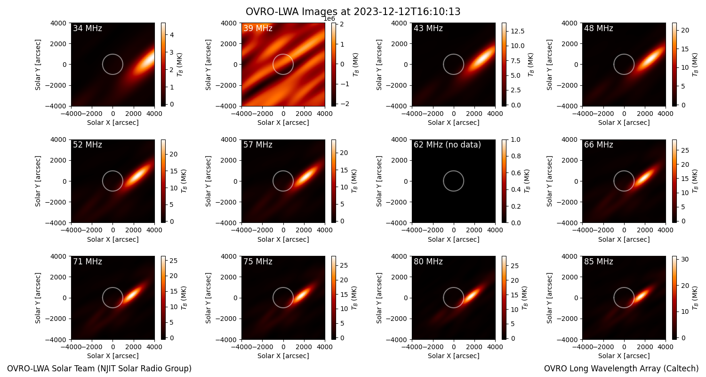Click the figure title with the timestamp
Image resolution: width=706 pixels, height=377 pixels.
[x=353, y=12]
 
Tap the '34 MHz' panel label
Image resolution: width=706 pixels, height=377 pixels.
[x=88, y=28]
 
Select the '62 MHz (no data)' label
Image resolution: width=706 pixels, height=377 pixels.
[x=447, y=145]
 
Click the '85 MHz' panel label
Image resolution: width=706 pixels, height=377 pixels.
[x=599, y=262]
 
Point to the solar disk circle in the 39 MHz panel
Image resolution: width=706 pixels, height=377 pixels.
[x=283, y=54]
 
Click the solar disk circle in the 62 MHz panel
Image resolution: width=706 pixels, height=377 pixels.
[x=454, y=171]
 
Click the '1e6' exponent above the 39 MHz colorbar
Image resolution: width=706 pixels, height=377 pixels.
[x=329, y=19]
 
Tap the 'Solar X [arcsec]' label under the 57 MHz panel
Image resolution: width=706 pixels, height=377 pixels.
[x=283, y=239]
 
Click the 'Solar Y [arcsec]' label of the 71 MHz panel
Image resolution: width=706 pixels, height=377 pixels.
[x=38, y=298]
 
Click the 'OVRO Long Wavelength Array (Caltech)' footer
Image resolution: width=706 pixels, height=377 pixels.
[x=621, y=369]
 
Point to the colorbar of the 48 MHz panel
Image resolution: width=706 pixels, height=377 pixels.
[x=674, y=65]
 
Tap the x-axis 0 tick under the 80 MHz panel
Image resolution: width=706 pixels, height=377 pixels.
[x=454, y=347]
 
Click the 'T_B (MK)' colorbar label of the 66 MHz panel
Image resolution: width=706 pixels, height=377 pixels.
[x=695, y=181]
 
